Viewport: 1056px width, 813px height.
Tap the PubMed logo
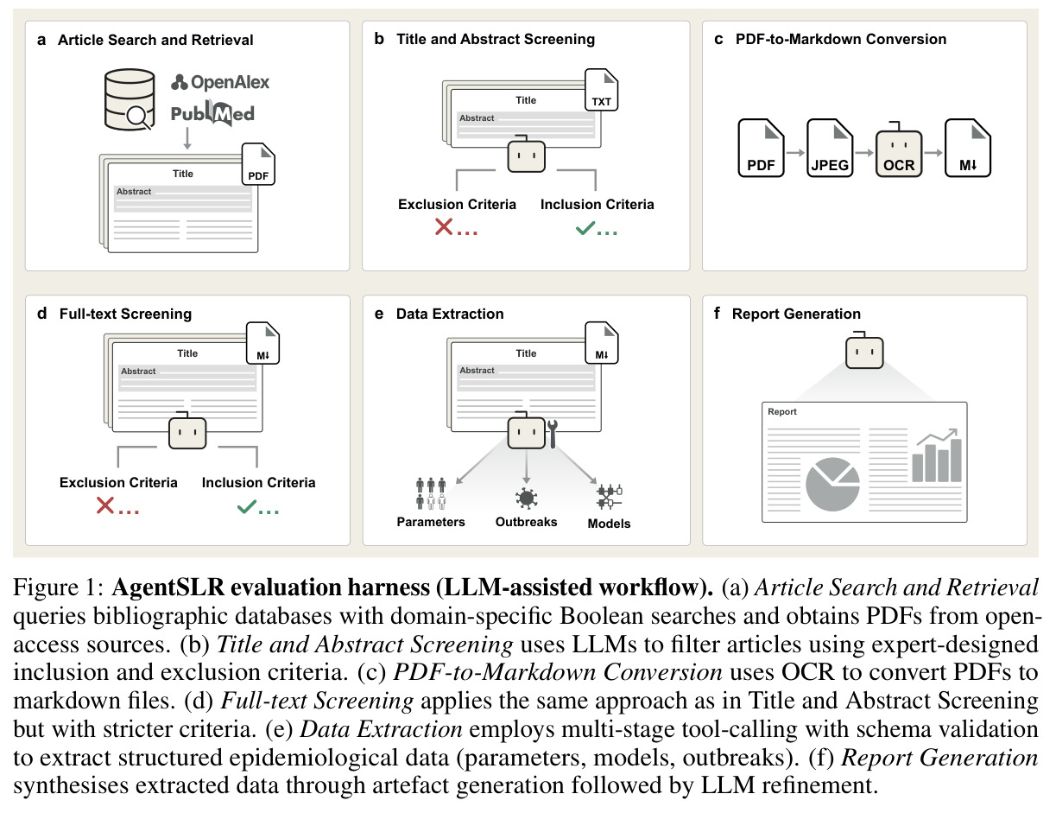click(x=213, y=113)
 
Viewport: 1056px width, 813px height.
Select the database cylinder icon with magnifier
click(x=130, y=99)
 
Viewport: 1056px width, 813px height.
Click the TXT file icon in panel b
click(x=601, y=90)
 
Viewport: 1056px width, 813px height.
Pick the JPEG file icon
click(x=830, y=148)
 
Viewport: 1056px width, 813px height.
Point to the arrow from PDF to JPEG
click(x=795, y=153)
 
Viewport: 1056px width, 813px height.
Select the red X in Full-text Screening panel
click(x=105, y=505)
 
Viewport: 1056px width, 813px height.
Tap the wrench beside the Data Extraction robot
click(x=553, y=434)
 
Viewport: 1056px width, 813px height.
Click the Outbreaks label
click(x=527, y=522)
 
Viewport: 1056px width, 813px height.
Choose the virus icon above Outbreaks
click(x=527, y=499)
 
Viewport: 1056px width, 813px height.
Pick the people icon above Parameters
click(x=431, y=493)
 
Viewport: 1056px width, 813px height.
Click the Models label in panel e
click(x=609, y=524)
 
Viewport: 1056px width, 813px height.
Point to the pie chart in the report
click(x=832, y=485)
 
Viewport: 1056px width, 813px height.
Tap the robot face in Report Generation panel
click(x=864, y=351)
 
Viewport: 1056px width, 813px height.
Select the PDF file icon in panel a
click(x=258, y=164)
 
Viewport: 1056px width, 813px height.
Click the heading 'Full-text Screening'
click(x=125, y=314)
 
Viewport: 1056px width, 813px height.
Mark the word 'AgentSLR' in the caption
click(x=168, y=587)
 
